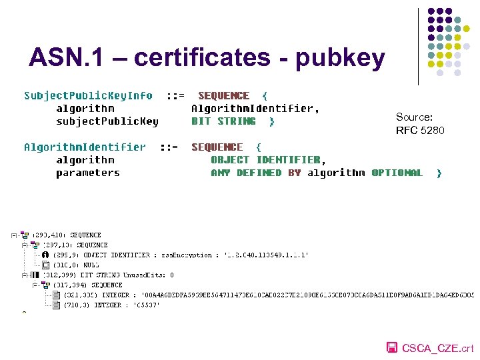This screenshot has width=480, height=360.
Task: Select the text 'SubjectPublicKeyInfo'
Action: coord(88,96)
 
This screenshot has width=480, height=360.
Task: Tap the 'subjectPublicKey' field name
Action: coord(107,121)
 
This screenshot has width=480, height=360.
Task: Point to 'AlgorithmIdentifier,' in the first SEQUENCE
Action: coord(255,109)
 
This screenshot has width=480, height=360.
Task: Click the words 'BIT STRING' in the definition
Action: coord(223,121)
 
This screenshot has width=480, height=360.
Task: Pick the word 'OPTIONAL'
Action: coord(397,173)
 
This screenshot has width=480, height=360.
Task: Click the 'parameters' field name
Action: coord(88,173)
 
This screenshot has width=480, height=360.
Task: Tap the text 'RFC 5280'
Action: coord(420,130)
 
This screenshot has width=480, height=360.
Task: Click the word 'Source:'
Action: coord(414,117)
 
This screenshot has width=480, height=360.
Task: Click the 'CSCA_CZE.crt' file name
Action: coord(438,348)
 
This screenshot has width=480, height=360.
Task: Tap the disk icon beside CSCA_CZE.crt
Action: coord(393,347)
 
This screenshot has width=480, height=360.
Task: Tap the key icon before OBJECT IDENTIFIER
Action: coord(45,255)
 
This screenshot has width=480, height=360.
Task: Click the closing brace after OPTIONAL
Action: coord(439,173)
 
